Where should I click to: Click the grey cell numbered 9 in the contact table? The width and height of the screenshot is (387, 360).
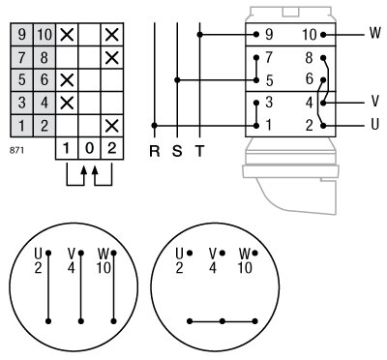tap(21, 35)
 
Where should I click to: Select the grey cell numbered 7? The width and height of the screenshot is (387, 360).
tap(21, 57)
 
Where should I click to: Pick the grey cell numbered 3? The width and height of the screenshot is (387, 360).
tap(21, 102)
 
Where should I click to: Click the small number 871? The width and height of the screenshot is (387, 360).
tap(15, 152)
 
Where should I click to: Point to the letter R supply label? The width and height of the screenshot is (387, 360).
tap(155, 151)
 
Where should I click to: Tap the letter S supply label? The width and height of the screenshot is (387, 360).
tap(177, 151)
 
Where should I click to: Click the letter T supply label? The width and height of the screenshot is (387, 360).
tap(199, 151)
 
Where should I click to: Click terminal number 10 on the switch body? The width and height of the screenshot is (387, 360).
tap(309, 34)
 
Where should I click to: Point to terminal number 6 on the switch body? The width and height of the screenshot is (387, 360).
tap(309, 79)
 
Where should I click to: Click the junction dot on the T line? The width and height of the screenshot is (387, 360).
tap(199, 35)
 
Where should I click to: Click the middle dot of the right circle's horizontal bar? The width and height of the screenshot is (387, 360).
tap(223, 320)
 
